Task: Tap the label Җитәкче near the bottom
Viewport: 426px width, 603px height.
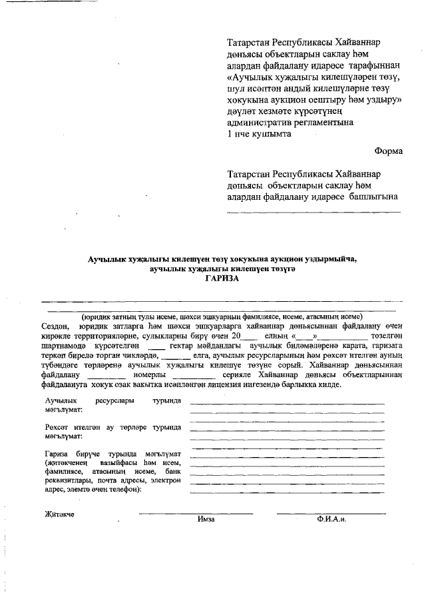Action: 59,514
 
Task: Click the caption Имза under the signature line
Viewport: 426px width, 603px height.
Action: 206,519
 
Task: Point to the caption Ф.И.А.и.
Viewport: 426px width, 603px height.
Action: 331,519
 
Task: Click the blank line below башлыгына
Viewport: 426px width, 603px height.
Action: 314,212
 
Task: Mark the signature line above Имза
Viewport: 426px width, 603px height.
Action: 196,513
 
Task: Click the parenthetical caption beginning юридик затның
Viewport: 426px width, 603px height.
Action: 222,317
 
